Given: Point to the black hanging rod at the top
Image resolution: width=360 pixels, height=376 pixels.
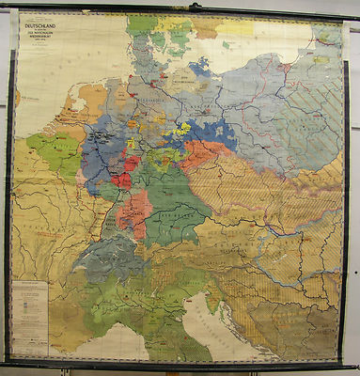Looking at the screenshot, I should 180,7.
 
